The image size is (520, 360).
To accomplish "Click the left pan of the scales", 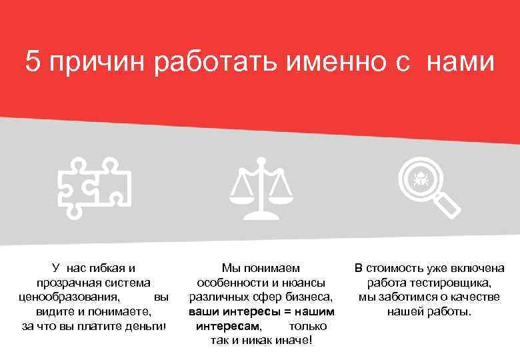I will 241,193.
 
